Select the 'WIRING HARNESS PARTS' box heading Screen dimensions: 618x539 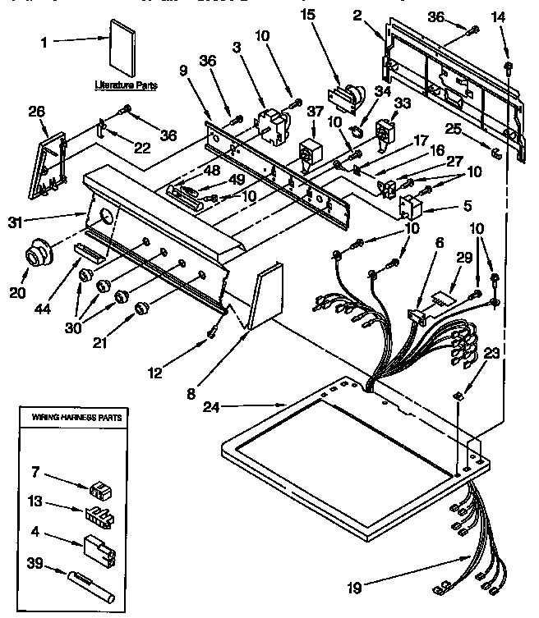pos(77,418)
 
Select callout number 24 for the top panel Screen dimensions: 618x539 pos(212,405)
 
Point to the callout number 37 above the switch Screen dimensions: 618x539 pos(315,111)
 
